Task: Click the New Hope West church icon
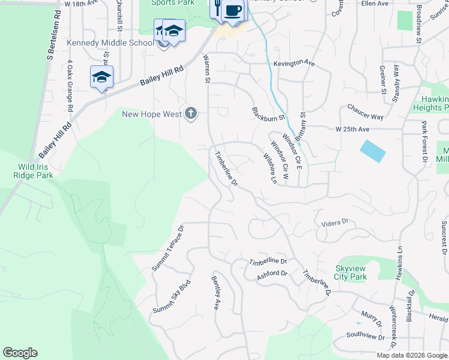click(191, 113)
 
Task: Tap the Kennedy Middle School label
click(110, 43)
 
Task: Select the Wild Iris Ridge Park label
click(27, 171)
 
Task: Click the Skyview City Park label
click(351, 272)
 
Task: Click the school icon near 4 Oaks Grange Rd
click(102, 77)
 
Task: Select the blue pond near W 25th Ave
click(373, 151)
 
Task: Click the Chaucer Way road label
click(365, 112)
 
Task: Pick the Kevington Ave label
click(294, 62)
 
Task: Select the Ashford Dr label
click(272, 274)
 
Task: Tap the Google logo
click(20, 353)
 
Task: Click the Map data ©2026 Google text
click(411, 355)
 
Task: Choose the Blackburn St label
click(268, 113)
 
